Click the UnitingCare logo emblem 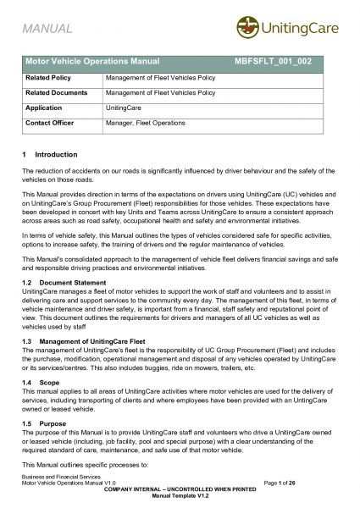tap(247, 27)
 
